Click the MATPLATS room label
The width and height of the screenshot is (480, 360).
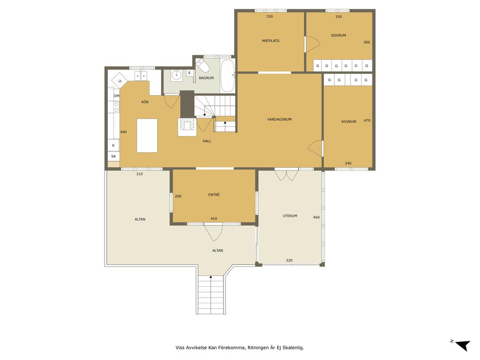tap(270, 41)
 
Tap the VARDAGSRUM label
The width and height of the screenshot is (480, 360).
tap(279, 120)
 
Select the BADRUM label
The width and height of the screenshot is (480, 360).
tap(206, 78)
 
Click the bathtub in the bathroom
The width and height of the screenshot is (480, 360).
tap(227, 75)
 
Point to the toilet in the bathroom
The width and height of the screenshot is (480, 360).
tap(202, 65)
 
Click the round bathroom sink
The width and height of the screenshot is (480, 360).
tap(176, 75)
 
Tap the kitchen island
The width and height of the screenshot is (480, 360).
tap(147, 135)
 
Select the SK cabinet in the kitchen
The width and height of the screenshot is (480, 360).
tap(113, 157)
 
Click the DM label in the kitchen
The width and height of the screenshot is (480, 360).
tap(116, 96)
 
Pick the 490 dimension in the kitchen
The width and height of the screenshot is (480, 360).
tap(123, 132)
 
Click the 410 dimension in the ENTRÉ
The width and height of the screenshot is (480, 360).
tap(214, 218)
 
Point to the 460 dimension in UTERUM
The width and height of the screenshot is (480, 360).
tap(316, 217)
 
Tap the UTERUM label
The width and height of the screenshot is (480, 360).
tap(290, 216)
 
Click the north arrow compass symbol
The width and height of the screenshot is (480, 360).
tap(462, 345)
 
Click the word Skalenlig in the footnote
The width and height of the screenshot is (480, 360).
tap(293, 348)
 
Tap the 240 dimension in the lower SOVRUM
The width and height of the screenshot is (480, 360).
tap(348, 164)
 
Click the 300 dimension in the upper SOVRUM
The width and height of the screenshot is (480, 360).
tap(367, 42)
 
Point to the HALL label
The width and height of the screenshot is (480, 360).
tap(207, 141)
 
